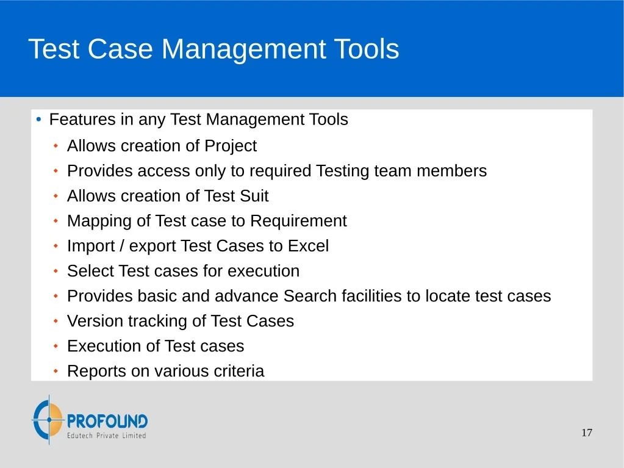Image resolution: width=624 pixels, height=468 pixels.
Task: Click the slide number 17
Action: (x=587, y=433)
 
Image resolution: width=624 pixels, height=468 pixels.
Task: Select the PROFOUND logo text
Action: (x=107, y=421)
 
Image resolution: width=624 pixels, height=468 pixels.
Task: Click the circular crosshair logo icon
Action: (x=48, y=419)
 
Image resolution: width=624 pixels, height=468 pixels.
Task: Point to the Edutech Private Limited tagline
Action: (x=106, y=436)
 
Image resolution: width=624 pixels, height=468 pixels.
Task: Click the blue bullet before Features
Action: (x=38, y=119)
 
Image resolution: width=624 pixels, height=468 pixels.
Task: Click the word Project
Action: (x=231, y=146)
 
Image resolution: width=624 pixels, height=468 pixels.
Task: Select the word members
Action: (x=452, y=171)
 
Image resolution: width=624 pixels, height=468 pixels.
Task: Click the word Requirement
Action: (x=298, y=221)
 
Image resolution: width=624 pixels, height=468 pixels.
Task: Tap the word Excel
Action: (x=309, y=246)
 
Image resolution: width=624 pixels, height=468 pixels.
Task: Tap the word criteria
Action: (x=238, y=371)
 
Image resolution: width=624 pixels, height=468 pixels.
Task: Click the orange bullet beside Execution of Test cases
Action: (x=56, y=346)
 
